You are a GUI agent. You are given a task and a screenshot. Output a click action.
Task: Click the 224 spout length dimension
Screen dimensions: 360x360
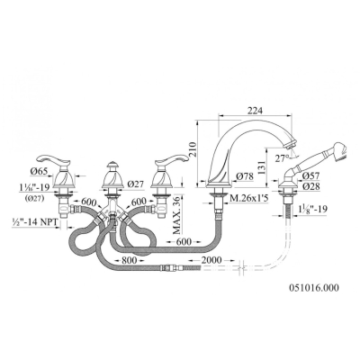point(255,111)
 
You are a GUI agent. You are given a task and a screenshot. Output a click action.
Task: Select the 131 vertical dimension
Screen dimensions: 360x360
point(262,167)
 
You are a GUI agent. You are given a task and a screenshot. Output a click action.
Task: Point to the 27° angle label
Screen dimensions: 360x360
point(283,158)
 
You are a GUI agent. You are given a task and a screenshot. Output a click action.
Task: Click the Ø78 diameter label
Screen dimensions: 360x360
point(245,176)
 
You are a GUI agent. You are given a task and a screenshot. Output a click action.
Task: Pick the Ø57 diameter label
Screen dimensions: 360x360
point(311,175)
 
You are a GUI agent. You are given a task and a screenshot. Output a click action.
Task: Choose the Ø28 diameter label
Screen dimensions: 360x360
point(311,186)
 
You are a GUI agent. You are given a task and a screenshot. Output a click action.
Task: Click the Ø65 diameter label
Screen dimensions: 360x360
point(39,171)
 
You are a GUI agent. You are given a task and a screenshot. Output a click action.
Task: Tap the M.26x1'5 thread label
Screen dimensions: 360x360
point(247,198)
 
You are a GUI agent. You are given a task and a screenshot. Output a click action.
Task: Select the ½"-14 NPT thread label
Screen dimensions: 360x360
point(34,223)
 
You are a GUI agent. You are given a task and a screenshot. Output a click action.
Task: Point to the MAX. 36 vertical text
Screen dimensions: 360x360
point(177,214)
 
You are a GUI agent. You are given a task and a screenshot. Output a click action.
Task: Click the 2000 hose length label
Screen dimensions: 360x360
point(211,260)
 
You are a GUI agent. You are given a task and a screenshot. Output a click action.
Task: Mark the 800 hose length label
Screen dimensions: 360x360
point(128,260)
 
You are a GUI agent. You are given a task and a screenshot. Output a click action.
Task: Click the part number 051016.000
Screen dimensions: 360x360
point(314,288)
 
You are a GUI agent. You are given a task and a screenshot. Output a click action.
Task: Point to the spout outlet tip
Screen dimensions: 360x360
point(291,145)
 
